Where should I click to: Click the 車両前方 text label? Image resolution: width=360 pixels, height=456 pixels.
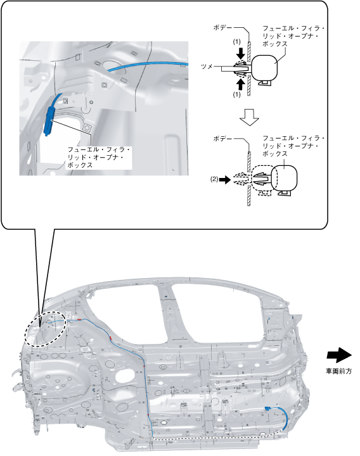[338, 371]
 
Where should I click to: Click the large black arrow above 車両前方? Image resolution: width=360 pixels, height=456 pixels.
[339, 355]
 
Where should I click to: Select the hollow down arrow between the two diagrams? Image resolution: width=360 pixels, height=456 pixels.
[250, 117]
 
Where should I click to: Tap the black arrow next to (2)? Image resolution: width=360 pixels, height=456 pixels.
[224, 180]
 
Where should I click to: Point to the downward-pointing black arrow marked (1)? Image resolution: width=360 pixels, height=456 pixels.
[241, 53]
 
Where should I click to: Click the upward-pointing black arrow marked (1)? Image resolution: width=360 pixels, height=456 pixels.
[241, 85]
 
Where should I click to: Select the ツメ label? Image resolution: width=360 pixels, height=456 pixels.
[207, 66]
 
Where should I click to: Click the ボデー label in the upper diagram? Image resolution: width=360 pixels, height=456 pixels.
[223, 28]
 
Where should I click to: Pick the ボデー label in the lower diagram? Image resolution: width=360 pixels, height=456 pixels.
[223, 139]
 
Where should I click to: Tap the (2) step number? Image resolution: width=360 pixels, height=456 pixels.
[214, 179]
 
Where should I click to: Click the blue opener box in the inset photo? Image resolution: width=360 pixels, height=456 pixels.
[49, 121]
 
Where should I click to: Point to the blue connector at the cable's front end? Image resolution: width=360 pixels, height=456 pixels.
[267, 408]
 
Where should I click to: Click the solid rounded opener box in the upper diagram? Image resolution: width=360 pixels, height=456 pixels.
[264, 68]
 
